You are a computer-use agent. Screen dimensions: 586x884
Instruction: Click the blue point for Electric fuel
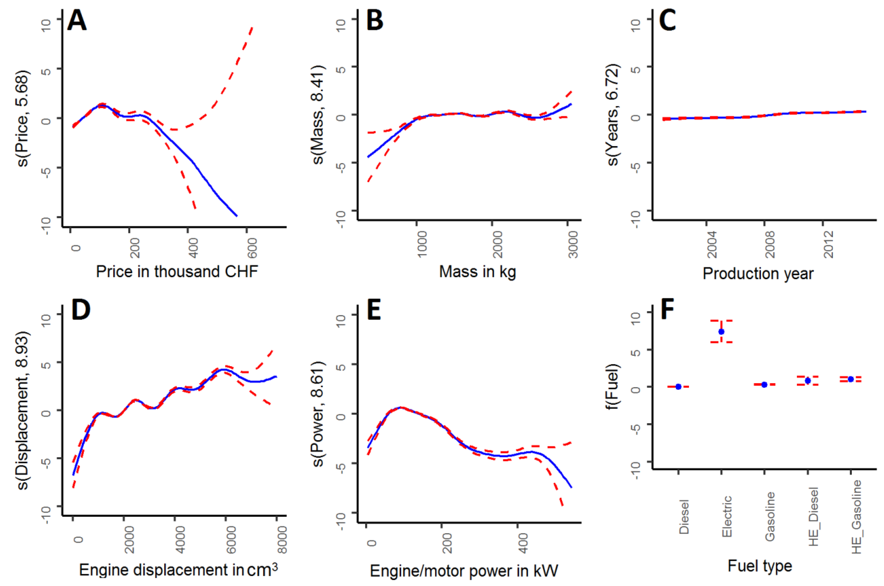tap(721, 331)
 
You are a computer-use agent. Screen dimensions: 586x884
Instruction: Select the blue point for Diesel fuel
tap(678, 386)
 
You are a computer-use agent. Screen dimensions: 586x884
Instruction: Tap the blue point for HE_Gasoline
tap(851, 379)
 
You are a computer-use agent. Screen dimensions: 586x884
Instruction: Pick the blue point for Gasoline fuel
tap(764, 385)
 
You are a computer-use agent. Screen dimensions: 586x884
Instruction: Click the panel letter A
tap(77, 21)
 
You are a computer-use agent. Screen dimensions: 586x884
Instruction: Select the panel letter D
tap(81, 311)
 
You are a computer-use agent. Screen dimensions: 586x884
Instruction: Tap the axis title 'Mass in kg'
tap(477, 272)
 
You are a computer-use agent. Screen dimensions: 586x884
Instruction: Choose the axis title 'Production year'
tap(758, 274)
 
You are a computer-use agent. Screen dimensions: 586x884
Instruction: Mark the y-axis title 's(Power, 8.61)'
tap(318, 414)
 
